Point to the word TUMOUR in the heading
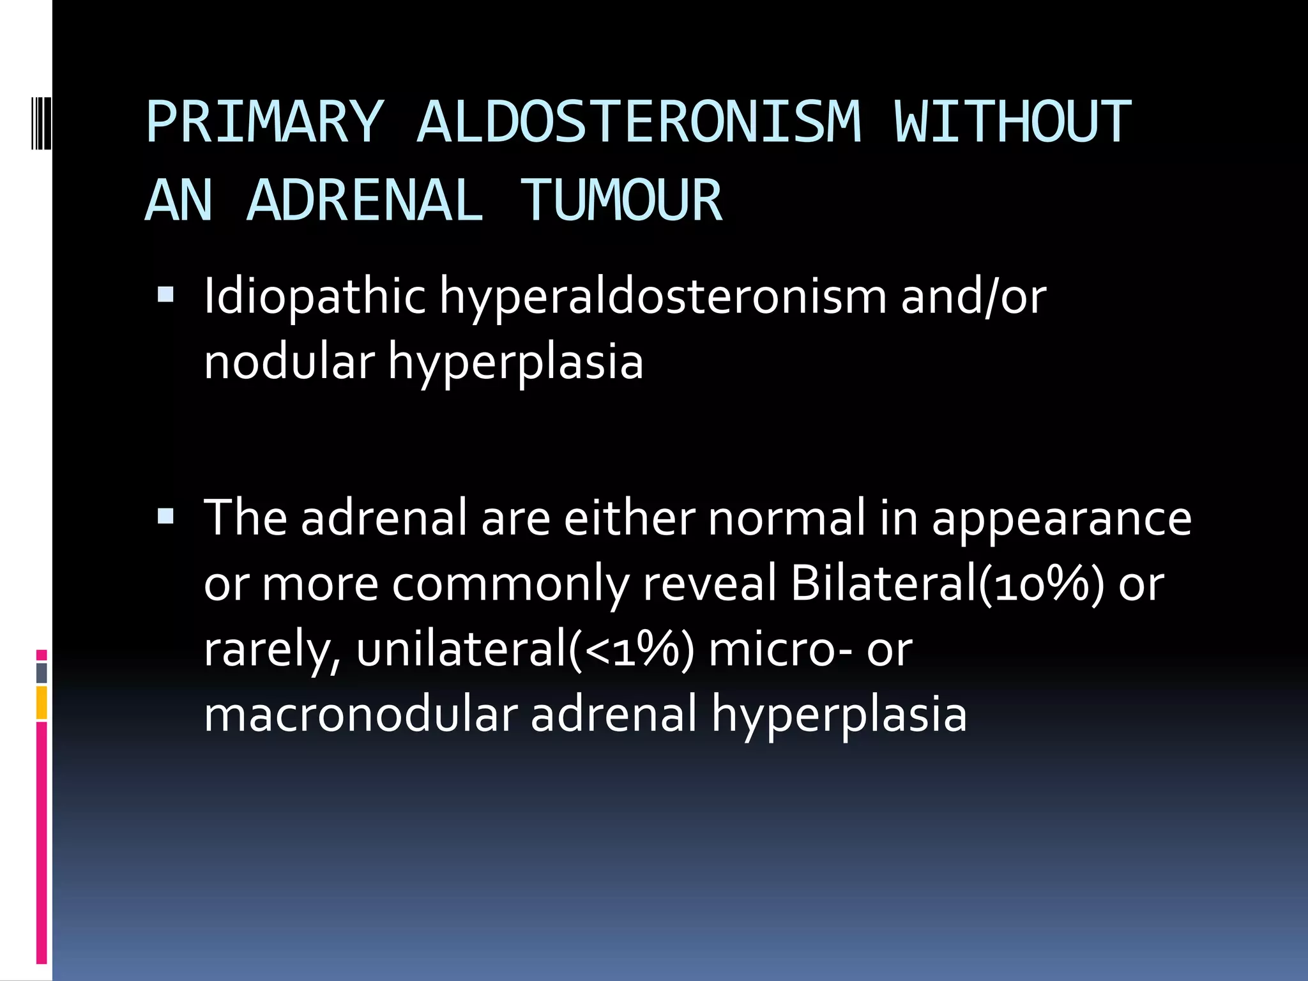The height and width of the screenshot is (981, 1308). pos(621,201)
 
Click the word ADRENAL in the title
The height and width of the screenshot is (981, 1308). pos(365,201)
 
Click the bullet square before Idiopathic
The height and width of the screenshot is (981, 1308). pos(165,294)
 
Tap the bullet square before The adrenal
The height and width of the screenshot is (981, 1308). pos(165,515)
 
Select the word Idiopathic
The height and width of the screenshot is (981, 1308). pos(314,297)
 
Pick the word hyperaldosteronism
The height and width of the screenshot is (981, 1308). pos(663,297)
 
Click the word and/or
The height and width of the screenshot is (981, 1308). pos(973,297)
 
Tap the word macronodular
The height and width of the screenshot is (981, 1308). pos(361,714)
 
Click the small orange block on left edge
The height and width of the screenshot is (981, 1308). pos(42,703)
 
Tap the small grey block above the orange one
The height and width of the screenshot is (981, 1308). pos(42,673)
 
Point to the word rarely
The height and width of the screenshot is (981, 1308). pos(272,650)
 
